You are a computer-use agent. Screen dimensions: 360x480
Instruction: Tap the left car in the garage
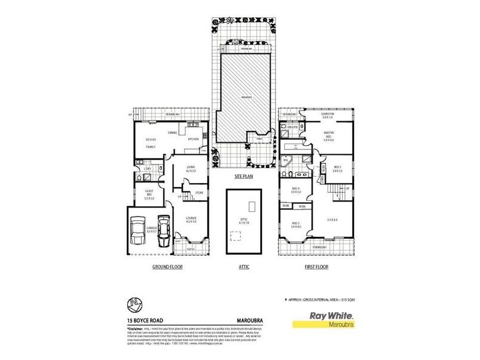pyautogui.click(x=139, y=231)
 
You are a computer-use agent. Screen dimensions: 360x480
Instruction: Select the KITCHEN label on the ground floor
pyautogui.click(x=193, y=139)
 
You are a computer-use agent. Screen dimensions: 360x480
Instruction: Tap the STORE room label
pyautogui.click(x=199, y=193)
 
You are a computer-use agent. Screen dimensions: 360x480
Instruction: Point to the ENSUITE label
pyautogui.click(x=293, y=128)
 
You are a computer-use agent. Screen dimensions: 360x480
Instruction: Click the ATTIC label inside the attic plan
pyautogui.click(x=243, y=220)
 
